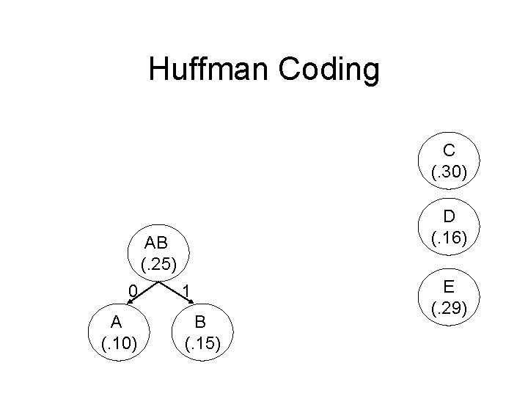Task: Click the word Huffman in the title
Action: pos(210,70)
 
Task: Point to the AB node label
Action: pos(155,243)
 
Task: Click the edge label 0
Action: pos(132,290)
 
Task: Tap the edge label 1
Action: pos(187,291)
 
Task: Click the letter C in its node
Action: pos(449,151)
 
